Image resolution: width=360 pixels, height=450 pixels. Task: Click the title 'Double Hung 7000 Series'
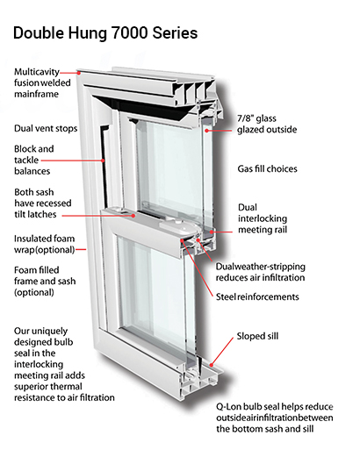104,33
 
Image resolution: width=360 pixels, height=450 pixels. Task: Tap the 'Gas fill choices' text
273,168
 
